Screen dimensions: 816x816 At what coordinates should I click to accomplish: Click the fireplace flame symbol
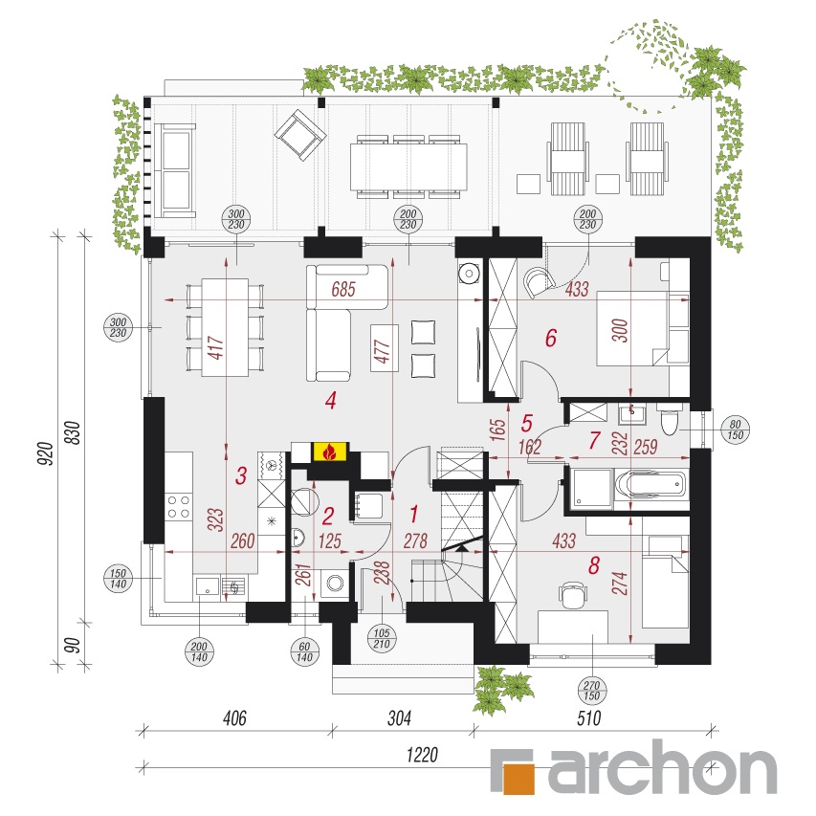(328, 452)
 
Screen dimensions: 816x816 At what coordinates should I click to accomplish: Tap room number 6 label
(551, 338)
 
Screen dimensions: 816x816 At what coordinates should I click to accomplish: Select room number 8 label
(594, 565)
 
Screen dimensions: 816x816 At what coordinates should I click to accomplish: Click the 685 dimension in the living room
(343, 289)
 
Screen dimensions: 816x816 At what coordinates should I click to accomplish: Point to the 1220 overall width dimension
(422, 755)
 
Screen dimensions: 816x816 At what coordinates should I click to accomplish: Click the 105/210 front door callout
(382, 638)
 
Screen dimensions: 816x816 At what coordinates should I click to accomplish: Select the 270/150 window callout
(592, 691)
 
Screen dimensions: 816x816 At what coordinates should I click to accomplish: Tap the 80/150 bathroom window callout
(735, 430)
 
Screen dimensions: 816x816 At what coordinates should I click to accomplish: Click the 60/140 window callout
(304, 651)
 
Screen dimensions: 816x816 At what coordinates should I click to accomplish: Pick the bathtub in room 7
(651, 484)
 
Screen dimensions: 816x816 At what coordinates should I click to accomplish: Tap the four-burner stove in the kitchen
(178, 507)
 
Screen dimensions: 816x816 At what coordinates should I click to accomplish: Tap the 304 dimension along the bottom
(399, 718)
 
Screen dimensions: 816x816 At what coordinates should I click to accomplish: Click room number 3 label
(240, 475)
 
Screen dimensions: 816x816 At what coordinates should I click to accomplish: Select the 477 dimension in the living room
(383, 352)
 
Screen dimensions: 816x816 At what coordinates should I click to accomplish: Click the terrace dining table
(408, 166)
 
